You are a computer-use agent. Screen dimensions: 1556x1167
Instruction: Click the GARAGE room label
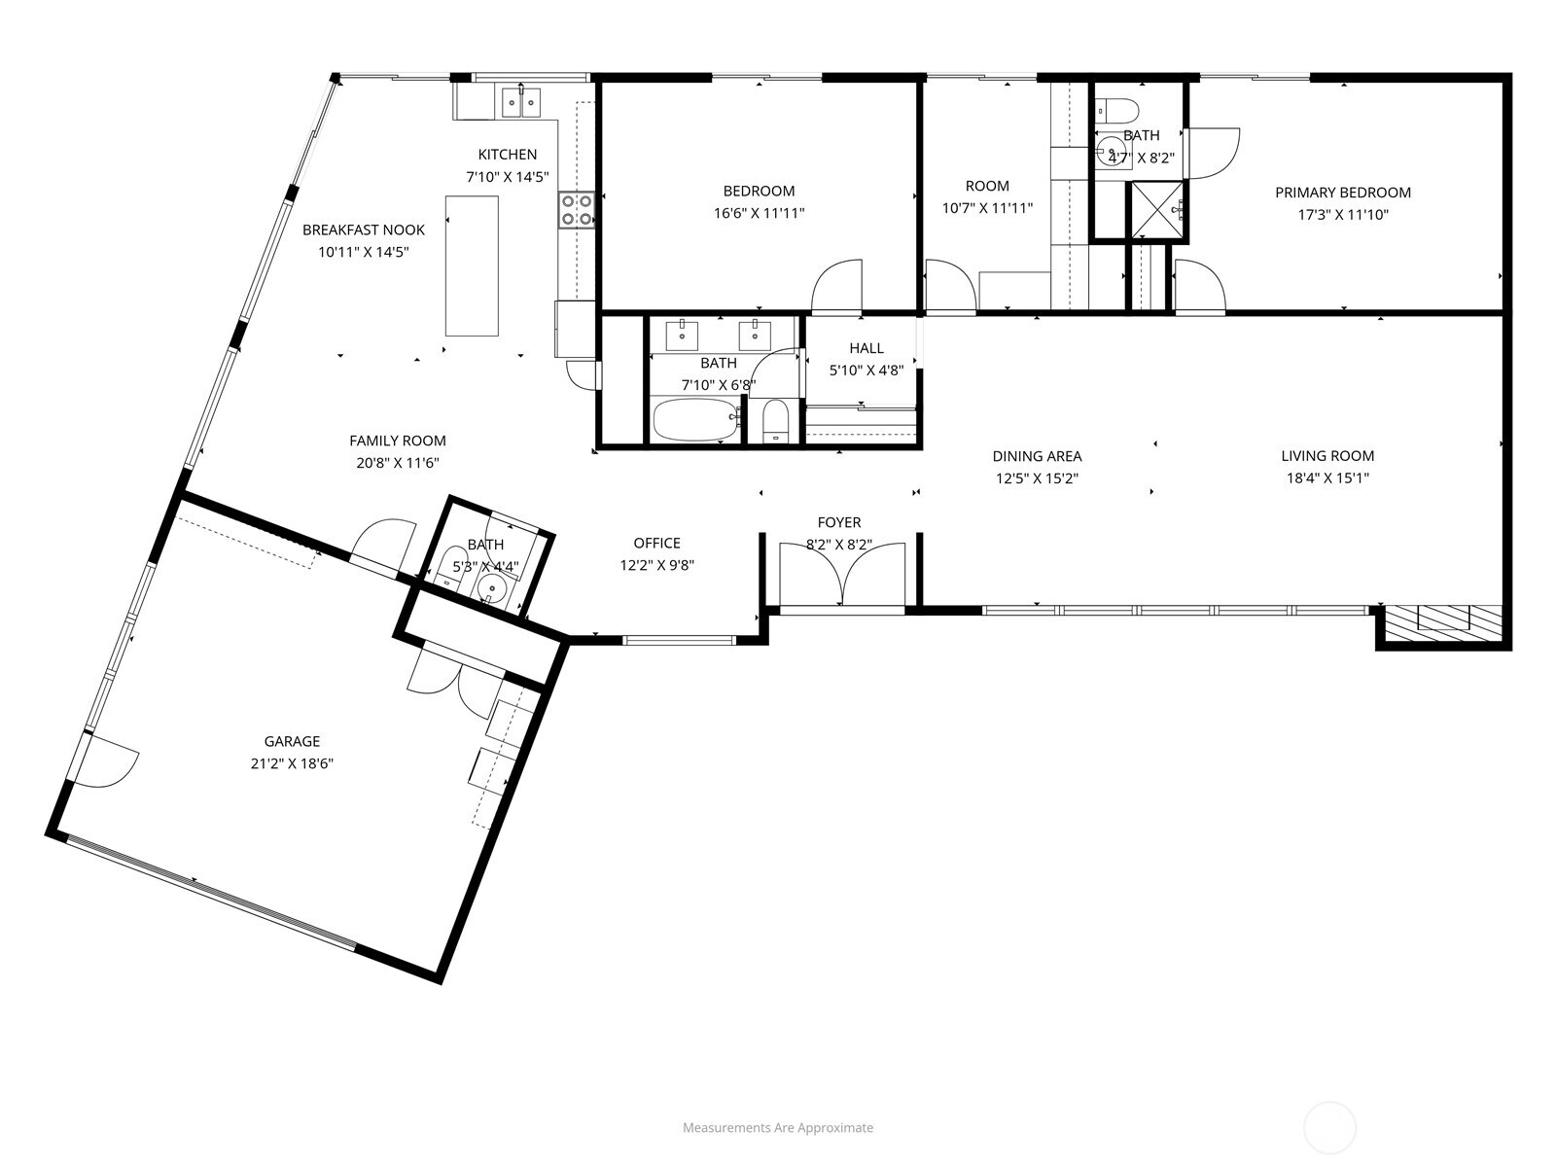292,741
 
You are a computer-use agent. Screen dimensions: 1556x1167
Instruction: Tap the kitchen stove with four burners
576,210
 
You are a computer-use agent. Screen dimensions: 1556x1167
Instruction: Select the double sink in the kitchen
521,102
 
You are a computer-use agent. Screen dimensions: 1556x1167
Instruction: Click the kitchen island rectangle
472,265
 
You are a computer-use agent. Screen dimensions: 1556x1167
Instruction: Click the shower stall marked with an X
1156,210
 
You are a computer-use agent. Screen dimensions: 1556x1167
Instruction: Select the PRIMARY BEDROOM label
1343,192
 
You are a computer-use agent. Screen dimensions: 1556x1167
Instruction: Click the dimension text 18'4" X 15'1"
1327,477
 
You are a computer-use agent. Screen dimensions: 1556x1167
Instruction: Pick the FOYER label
839,522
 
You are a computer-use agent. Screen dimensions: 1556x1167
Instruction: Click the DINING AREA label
1037,455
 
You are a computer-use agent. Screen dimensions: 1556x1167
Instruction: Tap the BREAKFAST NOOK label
364,230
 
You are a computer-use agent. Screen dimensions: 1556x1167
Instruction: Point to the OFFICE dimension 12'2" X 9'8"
657,565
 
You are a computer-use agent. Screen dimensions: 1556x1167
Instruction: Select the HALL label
866,348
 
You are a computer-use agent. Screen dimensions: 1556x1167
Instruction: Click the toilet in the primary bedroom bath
1117,111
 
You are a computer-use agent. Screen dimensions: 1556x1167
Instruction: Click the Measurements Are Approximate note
778,1127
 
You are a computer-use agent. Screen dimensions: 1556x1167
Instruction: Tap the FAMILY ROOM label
398,440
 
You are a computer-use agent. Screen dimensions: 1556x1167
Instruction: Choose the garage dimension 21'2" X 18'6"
292,763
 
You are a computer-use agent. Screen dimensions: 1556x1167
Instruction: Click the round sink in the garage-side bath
490,587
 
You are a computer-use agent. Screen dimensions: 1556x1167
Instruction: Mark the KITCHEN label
508,154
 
